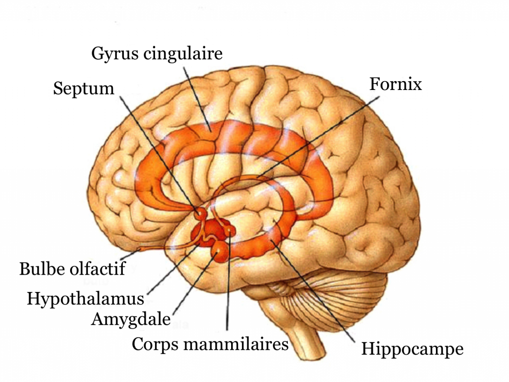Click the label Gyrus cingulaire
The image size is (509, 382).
tap(157, 54)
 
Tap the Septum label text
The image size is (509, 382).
tap(84, 89)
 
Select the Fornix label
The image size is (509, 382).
tap(395, 84)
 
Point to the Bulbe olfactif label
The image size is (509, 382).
tap(73, 269)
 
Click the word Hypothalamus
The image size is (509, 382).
tap(85, 299)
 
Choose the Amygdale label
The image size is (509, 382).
tap(131, 319)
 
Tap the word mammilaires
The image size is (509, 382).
tap(236, 344)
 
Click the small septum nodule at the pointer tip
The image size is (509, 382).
tap(200, 213)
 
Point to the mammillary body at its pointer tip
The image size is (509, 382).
tap(231, 231)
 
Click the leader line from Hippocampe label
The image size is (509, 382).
tap(312, 291)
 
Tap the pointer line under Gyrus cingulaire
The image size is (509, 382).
tap(197, 99)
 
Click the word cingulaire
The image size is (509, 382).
tap(183, 54)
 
